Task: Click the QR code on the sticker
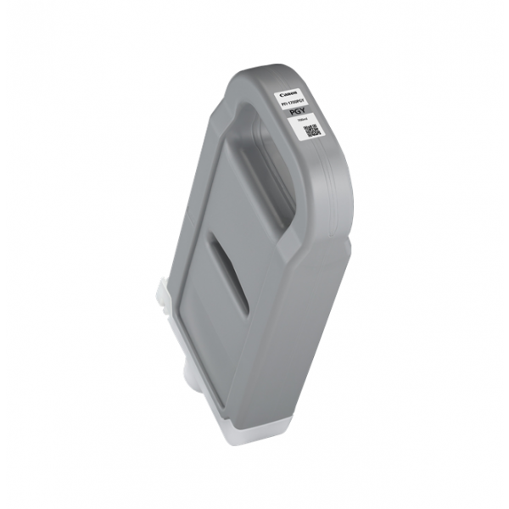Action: coord(311,131)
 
